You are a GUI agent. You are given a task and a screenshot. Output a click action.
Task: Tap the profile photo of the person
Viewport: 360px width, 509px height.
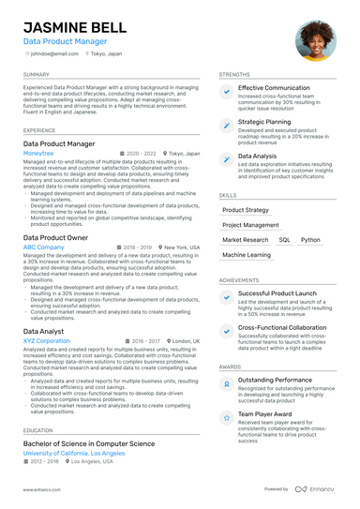[314, 39]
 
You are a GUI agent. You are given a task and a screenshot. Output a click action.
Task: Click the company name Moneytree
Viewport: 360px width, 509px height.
[38, 152]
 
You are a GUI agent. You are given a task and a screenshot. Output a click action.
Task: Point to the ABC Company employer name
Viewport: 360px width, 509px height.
[44, 247]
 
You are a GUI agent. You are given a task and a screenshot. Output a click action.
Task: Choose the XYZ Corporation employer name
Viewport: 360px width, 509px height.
[47, 341]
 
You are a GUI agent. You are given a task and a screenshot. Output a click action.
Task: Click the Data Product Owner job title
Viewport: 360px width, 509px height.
[56, 237]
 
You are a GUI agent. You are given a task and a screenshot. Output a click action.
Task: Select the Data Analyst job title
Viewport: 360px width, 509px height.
[44, 332]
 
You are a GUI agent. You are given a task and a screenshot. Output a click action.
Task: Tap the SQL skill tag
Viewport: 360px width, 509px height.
[284, 240]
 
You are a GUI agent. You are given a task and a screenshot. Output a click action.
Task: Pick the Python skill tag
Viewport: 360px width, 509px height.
[310, 240]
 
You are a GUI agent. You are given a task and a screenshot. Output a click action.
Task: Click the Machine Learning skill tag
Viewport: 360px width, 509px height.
[247, 255]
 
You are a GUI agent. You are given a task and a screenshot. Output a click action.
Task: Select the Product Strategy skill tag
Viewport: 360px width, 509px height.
[246, 210]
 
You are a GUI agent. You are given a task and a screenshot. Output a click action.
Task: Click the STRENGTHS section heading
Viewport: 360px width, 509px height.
[234, 74]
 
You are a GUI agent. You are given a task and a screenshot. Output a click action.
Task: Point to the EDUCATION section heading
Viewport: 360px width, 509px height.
[38, 430]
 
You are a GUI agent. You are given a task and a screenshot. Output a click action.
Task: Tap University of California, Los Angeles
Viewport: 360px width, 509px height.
[74, 453]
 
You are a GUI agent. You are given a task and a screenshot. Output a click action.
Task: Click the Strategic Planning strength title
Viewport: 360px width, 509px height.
[264, 122]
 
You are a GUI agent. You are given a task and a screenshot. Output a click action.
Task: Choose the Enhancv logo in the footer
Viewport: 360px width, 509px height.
[316, 489]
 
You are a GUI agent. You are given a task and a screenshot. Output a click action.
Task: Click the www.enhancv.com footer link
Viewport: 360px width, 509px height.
[42, 489]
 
